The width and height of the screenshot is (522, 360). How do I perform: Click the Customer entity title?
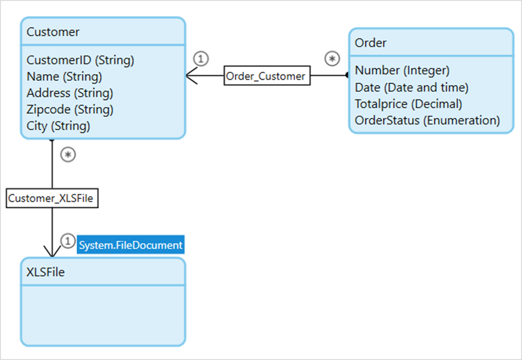click(x=53, y=32)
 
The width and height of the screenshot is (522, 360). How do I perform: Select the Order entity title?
click(x=370, y=43)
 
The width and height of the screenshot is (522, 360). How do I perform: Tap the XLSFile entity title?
click(x=46, y=272)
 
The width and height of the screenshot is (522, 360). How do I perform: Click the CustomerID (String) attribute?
click(x=80, y=60)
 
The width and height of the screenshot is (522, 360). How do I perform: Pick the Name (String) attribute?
click(x=64, y=77)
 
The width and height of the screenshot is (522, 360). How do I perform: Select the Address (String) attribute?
click(x=70, y=93)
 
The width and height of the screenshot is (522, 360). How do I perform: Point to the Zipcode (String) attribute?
click(x=70, y=110)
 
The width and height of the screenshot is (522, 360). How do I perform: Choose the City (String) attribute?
click(x=58, y=126)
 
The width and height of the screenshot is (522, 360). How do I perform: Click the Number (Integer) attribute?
click(x=402, y=71)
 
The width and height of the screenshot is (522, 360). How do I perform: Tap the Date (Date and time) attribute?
click(x=411, y=87)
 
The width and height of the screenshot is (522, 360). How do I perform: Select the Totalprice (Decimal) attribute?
click(x=408, y=104)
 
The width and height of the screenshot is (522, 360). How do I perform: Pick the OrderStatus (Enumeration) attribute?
click(x=427, y=120)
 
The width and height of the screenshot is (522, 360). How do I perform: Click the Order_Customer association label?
click(x=267, y=76)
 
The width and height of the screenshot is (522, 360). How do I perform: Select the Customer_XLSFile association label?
click(x=52, y=198)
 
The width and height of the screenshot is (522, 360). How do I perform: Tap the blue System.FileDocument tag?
click(x=131, y=245)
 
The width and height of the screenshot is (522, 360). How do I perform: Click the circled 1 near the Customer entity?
click(x=201, y=58)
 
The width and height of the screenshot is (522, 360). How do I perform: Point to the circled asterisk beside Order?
click(x=332, y=59)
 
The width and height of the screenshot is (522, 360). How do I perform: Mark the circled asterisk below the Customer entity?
click(x=69, y=155)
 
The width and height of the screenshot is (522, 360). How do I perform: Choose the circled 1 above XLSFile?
click(x=69, y=241)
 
